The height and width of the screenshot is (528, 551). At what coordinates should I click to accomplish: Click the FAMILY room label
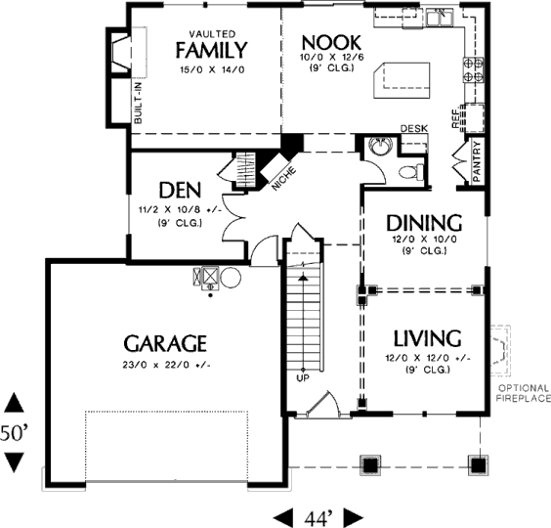212,50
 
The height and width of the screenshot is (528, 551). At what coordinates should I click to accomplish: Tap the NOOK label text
331,43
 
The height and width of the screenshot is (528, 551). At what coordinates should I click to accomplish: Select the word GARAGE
165,343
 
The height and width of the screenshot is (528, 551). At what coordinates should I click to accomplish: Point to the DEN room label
180,191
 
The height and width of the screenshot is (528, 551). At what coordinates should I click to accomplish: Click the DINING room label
424,223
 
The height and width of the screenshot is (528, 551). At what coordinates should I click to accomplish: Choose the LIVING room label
427,338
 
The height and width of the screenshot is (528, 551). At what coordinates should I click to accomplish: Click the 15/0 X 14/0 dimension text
212,69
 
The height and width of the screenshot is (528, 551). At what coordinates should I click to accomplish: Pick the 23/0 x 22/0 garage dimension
166,365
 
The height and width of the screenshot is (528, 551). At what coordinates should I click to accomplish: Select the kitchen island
402,80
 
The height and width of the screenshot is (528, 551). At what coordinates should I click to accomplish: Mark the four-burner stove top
474,69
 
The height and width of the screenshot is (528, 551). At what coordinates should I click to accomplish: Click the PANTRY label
477,161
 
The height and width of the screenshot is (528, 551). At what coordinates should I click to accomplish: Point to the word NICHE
284,179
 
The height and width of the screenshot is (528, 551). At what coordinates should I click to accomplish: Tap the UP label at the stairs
303,378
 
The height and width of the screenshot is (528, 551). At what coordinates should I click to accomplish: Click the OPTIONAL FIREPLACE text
523,393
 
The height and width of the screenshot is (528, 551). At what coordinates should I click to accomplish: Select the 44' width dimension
318,518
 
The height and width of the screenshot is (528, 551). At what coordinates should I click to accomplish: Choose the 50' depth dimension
14,433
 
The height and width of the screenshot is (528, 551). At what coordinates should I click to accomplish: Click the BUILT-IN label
138,103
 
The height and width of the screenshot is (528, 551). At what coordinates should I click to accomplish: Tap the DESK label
414,129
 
